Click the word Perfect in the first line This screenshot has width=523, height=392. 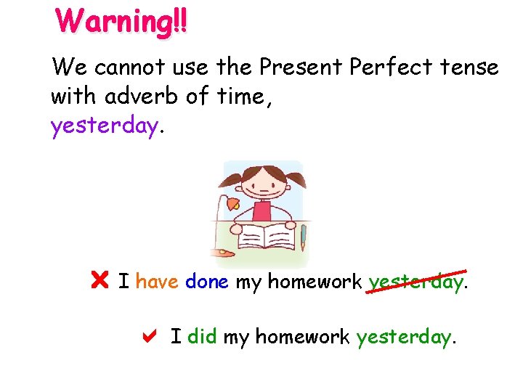point(384,68)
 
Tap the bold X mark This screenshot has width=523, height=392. point(100,279)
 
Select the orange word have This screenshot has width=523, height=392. point(157,280)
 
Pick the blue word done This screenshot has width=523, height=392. point(207,280)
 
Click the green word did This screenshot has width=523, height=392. point(203,337)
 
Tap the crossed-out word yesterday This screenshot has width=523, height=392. point(415,281)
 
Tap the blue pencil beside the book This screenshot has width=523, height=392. point(303,237)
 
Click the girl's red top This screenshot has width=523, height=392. point(261,212)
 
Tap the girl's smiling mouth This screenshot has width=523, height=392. point(261,192)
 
